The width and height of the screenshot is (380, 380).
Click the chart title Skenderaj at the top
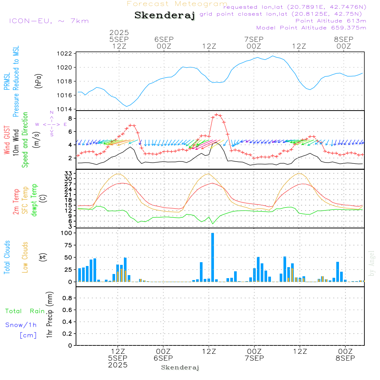pyautogui.click(x=165, y=15)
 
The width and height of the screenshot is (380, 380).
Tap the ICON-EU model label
pyautogui.click(x=49, y=21)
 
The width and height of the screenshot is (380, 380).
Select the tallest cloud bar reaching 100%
pyautogui.click(x=212, y=257)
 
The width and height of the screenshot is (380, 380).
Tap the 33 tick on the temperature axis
pyautogui.click(x=68, y=173)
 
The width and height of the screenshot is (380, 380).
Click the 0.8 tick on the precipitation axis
pyautogui.click(x=67, y=298)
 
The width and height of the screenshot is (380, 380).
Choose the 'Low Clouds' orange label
pyautogui.click(x=25, y=257)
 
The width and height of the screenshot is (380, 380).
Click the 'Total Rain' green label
pyautogui.click(x=25, y=311)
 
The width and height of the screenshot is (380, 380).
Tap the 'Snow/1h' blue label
pyautogui.click(x=21, y=325)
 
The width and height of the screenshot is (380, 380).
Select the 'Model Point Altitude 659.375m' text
pyautogui.click(x=311, y=28)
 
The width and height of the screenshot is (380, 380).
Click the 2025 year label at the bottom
pyautogui.click(x=118, y=365)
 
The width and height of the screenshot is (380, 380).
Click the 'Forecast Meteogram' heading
pyautogui.click(x=177, y=4)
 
